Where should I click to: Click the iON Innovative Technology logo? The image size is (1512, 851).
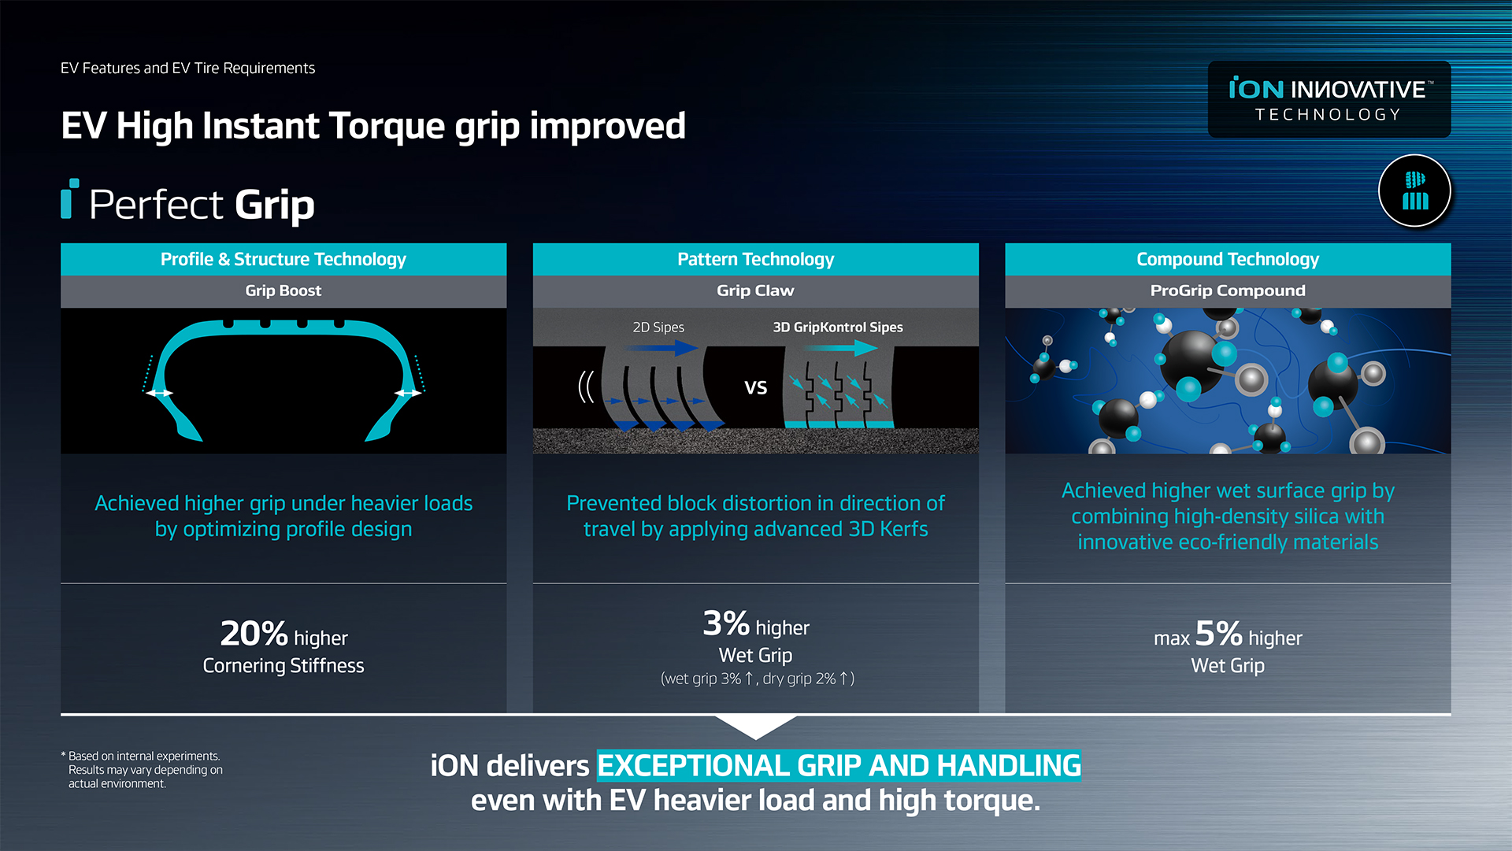coord(1329,99)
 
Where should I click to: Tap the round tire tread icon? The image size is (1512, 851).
coord(1414,191)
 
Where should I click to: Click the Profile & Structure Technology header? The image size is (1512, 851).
coord(283,259)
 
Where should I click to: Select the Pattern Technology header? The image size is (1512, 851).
coord(755,259)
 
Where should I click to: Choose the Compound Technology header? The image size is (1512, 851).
coord(1228,259)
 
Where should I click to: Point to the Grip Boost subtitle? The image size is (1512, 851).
coord(283,290)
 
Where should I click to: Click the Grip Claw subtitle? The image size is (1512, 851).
coord(755,290)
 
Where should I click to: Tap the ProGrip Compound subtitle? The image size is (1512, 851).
coord(1228,290)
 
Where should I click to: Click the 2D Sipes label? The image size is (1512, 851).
coord(658,327)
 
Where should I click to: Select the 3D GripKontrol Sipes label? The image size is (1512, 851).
coord(838,327)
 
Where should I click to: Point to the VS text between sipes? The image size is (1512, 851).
coord(756,387)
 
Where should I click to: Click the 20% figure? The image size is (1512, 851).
coord(254,633)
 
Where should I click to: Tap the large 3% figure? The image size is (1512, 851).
coord(726,623)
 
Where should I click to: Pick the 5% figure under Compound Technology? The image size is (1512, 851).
coord(1218,633)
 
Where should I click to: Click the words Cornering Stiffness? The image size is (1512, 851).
coord(283,665)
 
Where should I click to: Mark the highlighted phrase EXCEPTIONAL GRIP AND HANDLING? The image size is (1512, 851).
coord(839,765)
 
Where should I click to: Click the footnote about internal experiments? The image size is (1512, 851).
coord(143,769)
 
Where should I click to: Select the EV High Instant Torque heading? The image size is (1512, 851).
coord(373,126)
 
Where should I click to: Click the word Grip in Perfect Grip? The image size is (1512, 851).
coord(274,205)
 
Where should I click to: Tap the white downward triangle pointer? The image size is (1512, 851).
coord(755,726)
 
